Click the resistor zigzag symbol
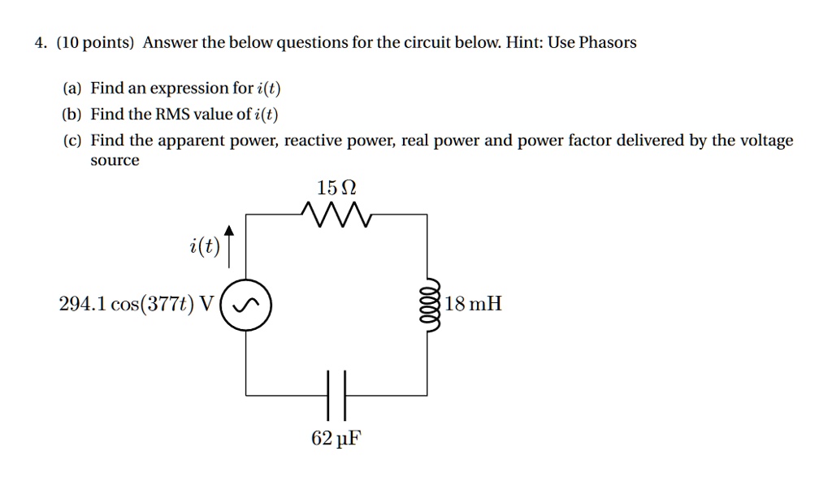336,215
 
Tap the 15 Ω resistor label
336,189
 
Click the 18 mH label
474,306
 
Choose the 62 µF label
336,440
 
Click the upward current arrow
229,246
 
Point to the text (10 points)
94,43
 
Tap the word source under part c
115,161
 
